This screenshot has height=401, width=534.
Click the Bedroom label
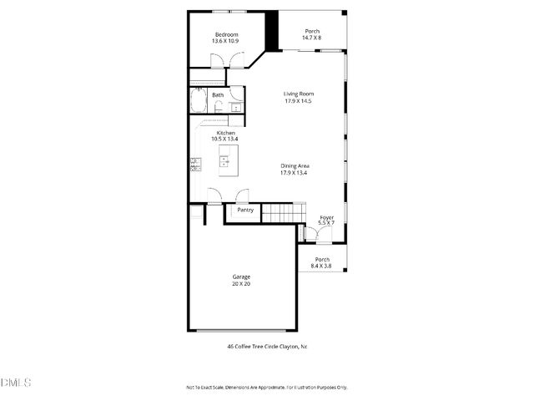pyautogui.click(x=225, y=34)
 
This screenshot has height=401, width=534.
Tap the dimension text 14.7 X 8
pyautogui.click(x=311, y=38)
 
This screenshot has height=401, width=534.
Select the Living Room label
pyautogui.click(x=298, y=94)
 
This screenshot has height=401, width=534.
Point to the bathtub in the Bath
pyautogui.click(x=199, y=102)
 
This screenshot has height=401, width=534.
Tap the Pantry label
pyautogui.click(x=244, y=210)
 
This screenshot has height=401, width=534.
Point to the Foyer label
pyautogui.click(x=326, y=217)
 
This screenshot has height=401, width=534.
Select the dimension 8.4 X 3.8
pyautogui.click(x=320, y=265)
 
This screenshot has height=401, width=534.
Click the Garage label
pyautogui.click(x=241, y=277)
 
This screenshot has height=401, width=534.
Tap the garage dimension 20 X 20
pyautogui.click(x=241, y=284)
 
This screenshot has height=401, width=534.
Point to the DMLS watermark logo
pyautogui.click(x=16, y=383)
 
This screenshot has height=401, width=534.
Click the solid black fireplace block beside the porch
pyautogui.click(x=270, y=32)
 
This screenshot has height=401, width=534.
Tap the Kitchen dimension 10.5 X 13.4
pyautogui.click(x=225, y=139)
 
